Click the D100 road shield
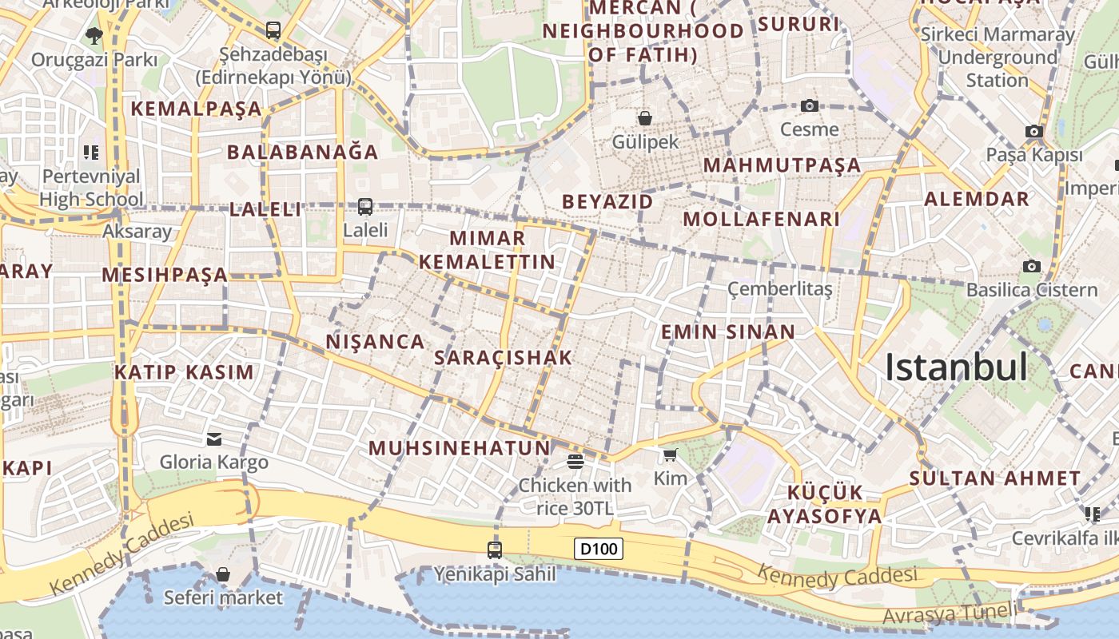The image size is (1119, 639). tap(599, 549)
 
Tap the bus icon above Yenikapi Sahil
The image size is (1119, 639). tap(495, 550)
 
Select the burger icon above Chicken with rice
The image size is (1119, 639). tap(575, 461)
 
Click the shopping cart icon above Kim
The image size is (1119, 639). tap(670, 454)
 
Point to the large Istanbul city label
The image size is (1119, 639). tap(956, 367)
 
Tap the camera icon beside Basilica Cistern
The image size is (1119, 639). tap(1032, 266)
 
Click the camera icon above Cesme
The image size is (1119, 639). tap(810, 105)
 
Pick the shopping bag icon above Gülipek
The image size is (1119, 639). tap(645, 118)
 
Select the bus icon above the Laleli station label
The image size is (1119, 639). tap(365, 206)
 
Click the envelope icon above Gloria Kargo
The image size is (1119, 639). tap(214, 439)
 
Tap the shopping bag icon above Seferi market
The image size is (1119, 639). tap(223, 574)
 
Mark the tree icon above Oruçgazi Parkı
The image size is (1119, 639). tap(94, 35)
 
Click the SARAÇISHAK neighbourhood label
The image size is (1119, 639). tap(503, 358)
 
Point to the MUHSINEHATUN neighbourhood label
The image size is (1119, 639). tap(460, 448)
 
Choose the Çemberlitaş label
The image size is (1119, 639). tap(779, 288)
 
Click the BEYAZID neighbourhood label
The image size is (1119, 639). tap(607, 201)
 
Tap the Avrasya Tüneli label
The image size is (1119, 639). tap(951, 615)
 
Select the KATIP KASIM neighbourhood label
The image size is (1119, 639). tap(184, 372)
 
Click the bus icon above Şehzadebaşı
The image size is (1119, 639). tap(273, 30)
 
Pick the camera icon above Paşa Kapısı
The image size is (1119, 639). tap(1034, 131)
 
